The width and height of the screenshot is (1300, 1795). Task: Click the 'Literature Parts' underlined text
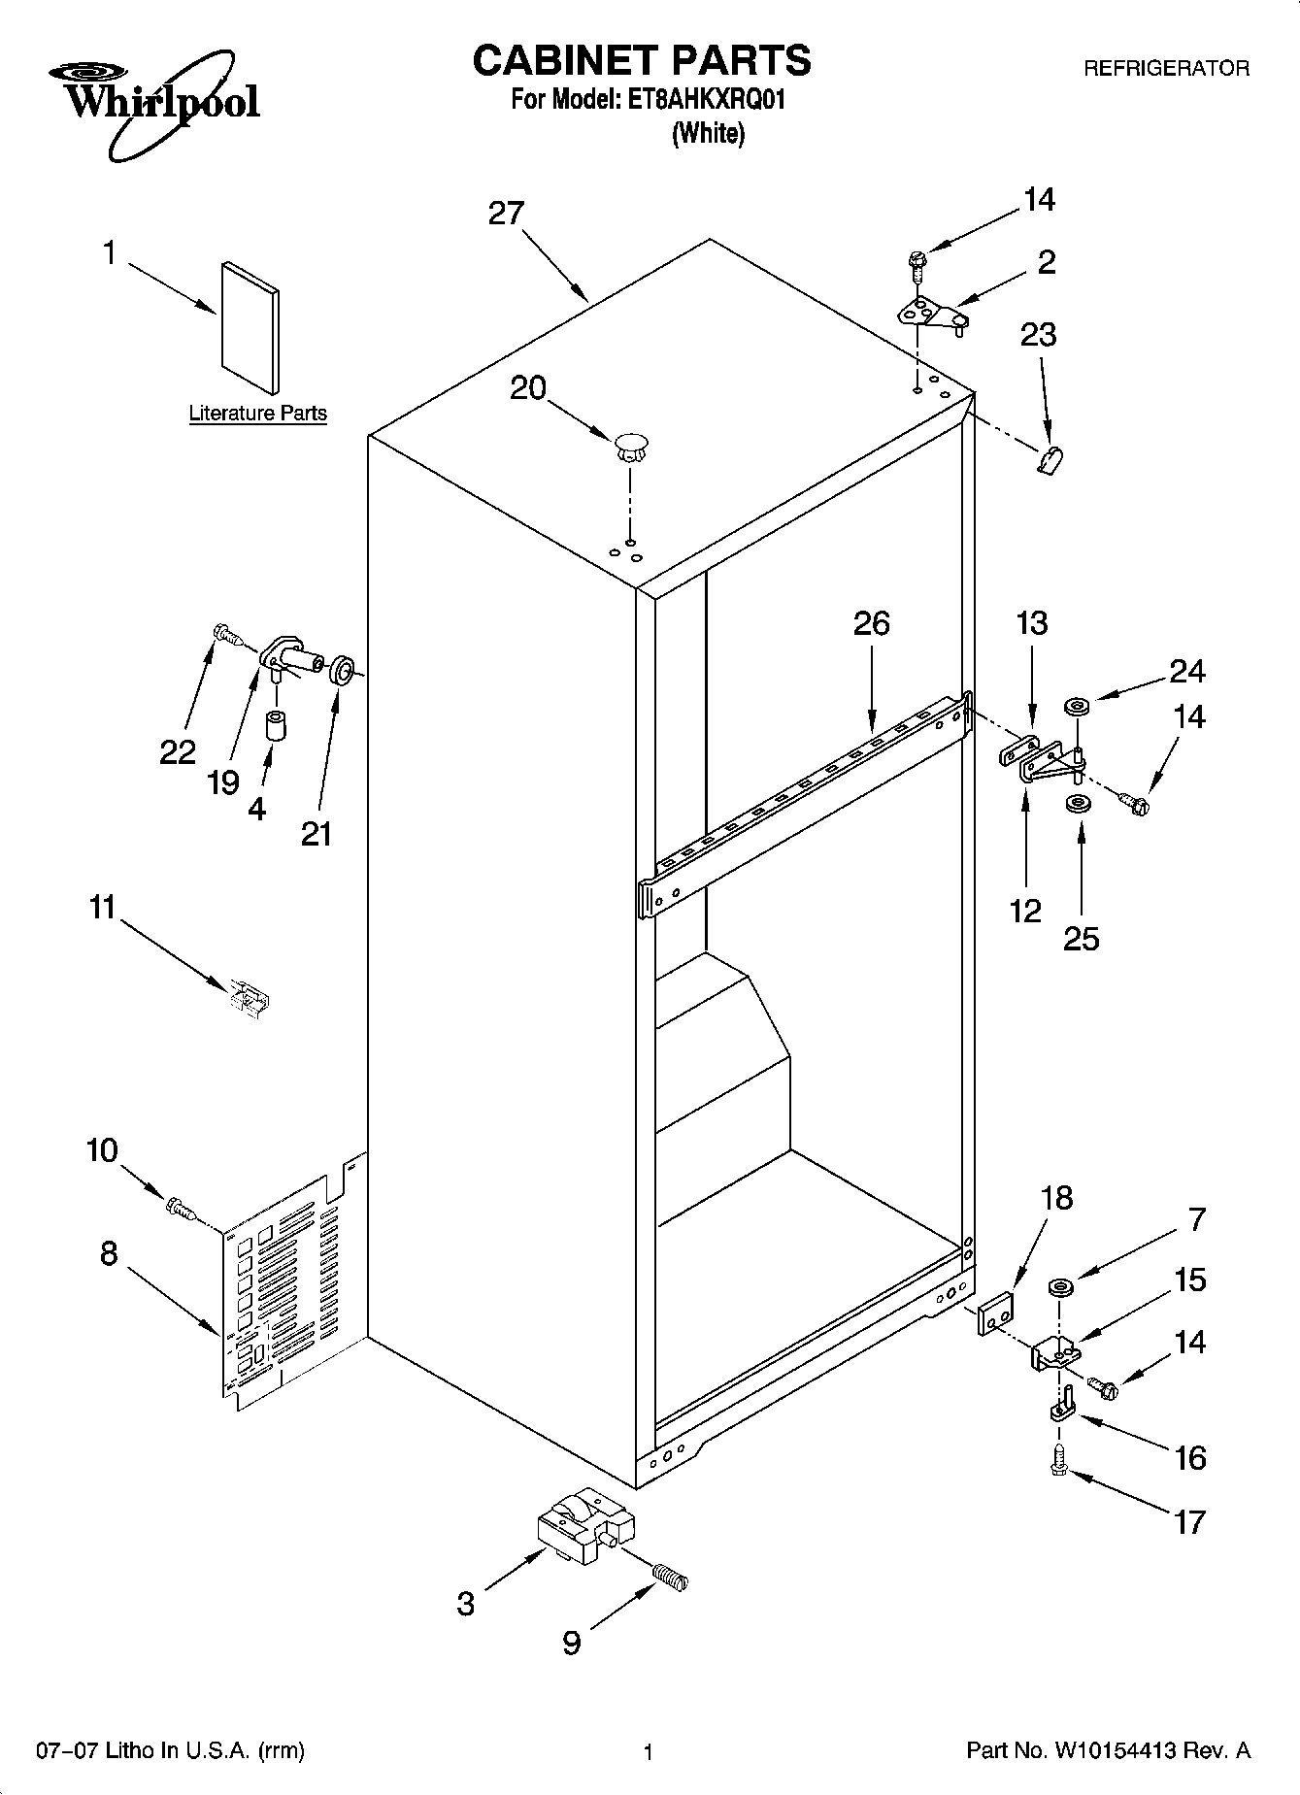coord(257,414)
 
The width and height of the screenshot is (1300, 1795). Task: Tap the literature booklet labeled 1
coord(250,328)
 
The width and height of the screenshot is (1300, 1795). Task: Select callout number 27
coord(506,214)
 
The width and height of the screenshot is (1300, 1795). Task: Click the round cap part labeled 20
coord(631,447)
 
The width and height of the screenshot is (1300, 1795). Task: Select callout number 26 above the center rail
coord(871,623)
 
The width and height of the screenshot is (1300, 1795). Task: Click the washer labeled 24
coord(1076,706)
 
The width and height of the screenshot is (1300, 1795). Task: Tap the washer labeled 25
coord(1076,804)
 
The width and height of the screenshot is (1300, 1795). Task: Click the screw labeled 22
coord(226,635)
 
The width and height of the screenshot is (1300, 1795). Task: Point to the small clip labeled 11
coord(250,998)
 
